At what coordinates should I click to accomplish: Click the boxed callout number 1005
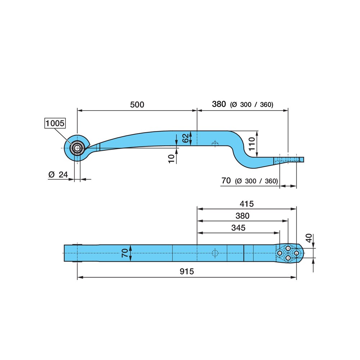55,123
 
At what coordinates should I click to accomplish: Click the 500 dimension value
137,105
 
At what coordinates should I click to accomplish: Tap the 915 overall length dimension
187,271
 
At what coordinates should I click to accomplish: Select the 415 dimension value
247,204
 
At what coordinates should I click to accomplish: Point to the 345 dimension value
238,228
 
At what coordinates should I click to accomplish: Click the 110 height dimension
252,144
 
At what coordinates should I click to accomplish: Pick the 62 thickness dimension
185,138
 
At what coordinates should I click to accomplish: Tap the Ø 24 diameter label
58,175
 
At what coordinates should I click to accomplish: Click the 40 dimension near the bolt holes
309,238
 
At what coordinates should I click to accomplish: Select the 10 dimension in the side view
171,159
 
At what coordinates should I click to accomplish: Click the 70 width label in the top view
125,253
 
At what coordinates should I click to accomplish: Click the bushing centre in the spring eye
77,148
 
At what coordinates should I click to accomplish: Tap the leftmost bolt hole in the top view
280,253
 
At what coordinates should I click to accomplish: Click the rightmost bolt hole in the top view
296,253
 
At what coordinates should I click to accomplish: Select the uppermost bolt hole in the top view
288,248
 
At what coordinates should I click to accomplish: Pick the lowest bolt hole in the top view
288,258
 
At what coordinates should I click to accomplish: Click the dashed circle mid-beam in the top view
215,253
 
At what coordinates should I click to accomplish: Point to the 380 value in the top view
242,216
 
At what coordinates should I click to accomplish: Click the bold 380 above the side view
219,104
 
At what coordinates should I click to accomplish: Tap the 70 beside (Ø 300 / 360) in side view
226,181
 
